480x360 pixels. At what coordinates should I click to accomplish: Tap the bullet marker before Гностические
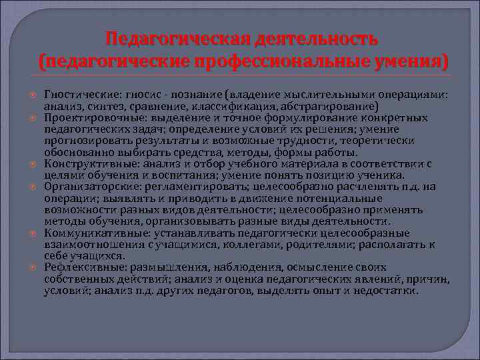[x=34, y=96]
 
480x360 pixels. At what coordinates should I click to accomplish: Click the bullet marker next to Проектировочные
[x=34, y=118]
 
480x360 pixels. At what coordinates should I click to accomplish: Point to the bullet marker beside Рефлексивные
[x=34, y=268]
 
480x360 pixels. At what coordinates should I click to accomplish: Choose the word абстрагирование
[x=333, y=106]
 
